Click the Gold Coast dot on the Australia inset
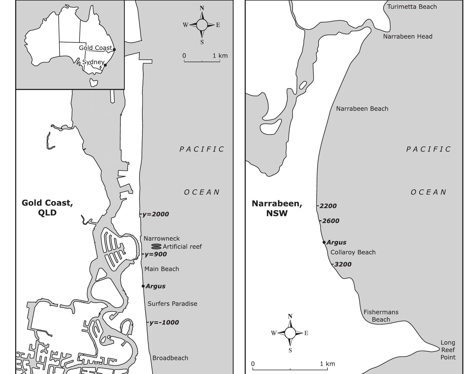(x=114, y=49)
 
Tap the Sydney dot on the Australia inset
(x=105, y=65)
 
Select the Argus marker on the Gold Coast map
(x=143, y=286)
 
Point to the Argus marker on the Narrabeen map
(x=324, y=242)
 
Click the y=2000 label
(x=156, y=214)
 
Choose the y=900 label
(x=156, y=254)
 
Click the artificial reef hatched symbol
(x=156, y=246)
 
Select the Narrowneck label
(x=162, y=239)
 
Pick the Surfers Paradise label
(x=172, y=304)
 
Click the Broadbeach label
(x=170, y=358)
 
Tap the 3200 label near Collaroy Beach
(x=343, y=264)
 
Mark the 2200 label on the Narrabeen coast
(x=328, y=206)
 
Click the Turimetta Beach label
(x=412, y=7)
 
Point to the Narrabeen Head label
(x=408, y=36)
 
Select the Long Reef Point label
(x=448, y=350)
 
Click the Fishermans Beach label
(x=381, y=316)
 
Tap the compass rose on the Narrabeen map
(x=290, y=333)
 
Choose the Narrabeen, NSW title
(x=277, y=208)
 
